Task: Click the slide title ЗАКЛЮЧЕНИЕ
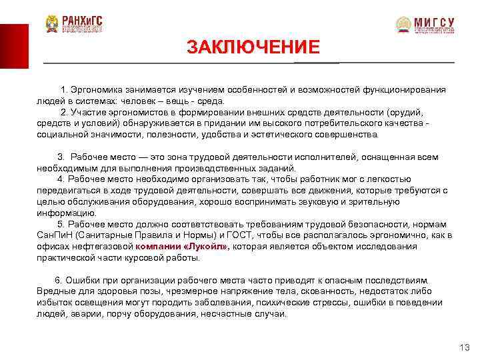[x=253, y=47]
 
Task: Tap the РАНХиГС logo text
[x=84, y=19]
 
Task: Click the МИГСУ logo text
[x=434, y=21]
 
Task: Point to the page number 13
[x=465, y=348]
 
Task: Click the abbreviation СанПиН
[x=56, y=235]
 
